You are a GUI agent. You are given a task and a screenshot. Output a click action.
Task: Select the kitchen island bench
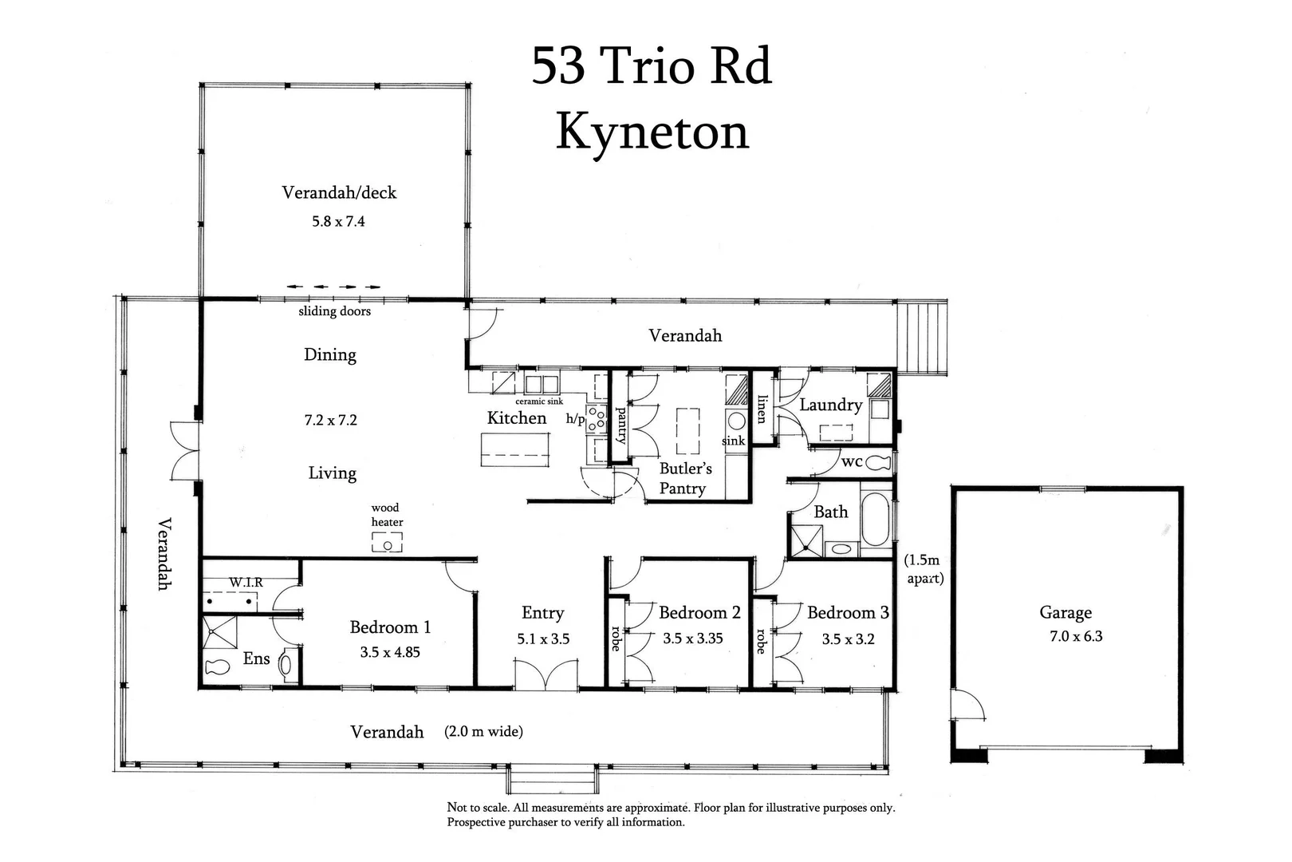tap(514, 449)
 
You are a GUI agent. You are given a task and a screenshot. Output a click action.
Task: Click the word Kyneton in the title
tap(652, 132)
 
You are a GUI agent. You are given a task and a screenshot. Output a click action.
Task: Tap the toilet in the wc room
tap(877, 462)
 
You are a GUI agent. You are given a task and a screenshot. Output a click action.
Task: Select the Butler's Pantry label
tap(684, 478)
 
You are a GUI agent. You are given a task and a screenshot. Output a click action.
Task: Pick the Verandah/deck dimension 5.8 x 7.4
tap(338, 221)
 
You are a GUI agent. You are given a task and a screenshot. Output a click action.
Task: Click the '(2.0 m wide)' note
tap(483, 731)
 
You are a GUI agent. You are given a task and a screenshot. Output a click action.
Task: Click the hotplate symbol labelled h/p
tap(596, 416)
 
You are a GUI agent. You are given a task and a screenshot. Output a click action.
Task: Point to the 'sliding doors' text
tap(334, 311)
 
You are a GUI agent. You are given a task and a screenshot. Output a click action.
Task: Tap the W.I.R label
tap(246, 583)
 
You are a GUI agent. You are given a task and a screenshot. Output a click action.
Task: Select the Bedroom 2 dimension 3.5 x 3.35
tap(692, 638)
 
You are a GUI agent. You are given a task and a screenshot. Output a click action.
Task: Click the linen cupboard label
tap(762, 409)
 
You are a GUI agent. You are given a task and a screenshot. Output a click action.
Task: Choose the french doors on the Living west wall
tap(184, 451)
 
